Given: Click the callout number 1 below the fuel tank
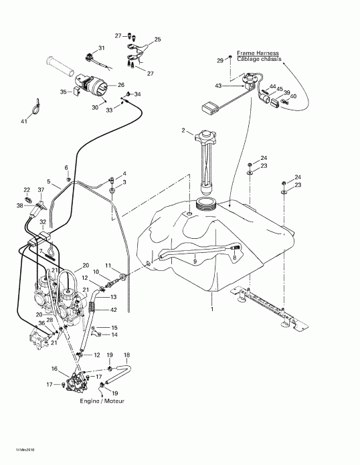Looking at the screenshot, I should pyautogui.click(x=212, y=309).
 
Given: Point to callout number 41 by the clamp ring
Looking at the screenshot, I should pyautogui.click(x=25, y=121).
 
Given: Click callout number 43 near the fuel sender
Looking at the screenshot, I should pyautogui.click(x=217, y=85).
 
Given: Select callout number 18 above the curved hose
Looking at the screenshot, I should pyautogui.click(x=127, y=355).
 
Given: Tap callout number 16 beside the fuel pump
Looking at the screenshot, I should pyautogui.click(x=54, y=369).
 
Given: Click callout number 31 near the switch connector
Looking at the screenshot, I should pyautogui.click(x=102, y=48).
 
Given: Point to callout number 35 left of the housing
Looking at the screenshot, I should pyautogui.click(x=64, y=91).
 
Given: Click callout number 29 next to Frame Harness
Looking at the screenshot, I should pyautogui.click(x=220, y=60).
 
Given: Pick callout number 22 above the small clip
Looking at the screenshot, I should pyautogui.click(x=27, y=190).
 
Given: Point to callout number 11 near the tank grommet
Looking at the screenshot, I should pyautogui.click(x=108, y=266).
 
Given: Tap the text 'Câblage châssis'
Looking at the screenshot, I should pyautogui.click(x=258, y=59).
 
